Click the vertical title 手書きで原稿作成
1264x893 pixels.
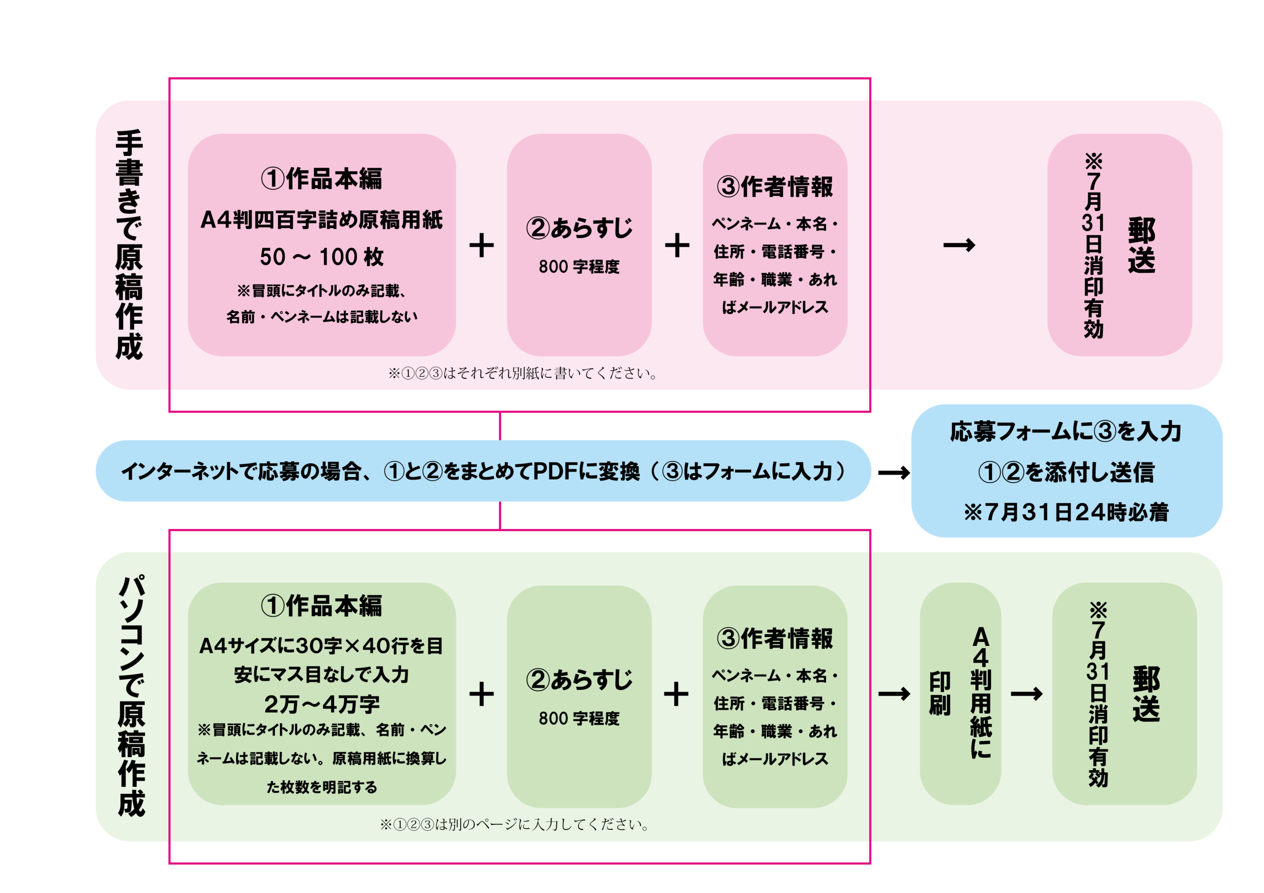pos(129,245)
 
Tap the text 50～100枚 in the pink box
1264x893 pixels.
pos(321,257)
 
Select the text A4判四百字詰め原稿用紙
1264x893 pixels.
pos(321,220)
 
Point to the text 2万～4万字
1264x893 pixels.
pos(321,704)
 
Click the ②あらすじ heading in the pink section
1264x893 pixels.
pos(579,228)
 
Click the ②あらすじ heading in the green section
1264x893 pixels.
pos(579,680)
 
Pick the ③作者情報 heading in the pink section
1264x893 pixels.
pos(775,186)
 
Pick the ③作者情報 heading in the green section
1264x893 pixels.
pos(775,638)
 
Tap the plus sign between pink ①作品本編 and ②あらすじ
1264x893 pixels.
pos(481,245)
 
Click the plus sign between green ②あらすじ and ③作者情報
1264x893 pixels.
pos(676,694)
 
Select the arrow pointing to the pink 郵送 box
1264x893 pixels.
pos(958,245)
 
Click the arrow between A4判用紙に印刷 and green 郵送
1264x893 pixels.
pos(1026,694)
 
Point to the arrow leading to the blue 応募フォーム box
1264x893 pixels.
pos(894,473)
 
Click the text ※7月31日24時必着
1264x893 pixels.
pos(1066,512)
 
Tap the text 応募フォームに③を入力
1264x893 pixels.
pos(1066,431)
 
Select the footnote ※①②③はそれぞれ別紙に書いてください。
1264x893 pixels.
pos(523,373)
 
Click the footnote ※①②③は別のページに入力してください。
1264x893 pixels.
pos(515,824)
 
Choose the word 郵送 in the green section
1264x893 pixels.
pos(1146,694)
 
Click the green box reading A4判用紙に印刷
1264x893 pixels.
pos(960,693)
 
